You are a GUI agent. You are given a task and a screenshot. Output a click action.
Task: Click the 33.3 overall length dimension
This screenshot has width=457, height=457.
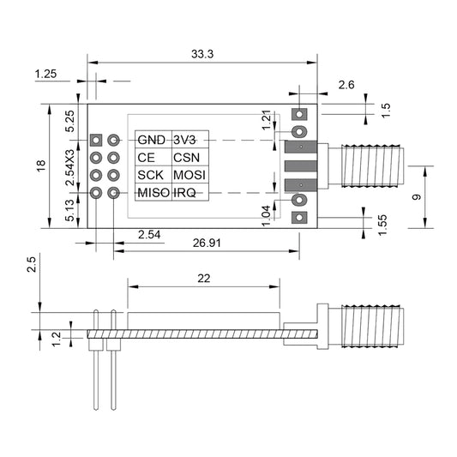pyautogui.click(x=202, y=54)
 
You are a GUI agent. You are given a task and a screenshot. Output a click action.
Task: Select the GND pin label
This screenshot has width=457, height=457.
pyautogui.click(x=152, y=140)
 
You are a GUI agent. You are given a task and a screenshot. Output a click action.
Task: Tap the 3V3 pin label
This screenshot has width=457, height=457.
pyautogui.click(x=186, y=140)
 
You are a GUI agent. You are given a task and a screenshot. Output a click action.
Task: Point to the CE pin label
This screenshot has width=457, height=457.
pyautogui.click(x=146, y=158)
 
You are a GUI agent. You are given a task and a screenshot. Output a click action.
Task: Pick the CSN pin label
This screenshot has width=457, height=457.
pyautogui.click(x=187, y=158)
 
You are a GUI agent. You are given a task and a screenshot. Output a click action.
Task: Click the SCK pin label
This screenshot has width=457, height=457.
pyautogui.click(x=150, y=176)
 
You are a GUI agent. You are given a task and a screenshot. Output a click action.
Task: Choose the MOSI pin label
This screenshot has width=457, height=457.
pyautogui.click(x=189, y=176)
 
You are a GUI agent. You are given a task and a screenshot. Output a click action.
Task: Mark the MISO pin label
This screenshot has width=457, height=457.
pyautogui.click(x=153, y=193)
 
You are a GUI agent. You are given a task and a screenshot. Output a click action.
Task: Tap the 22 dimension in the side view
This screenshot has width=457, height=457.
pyautogui.click(x=204, y=278)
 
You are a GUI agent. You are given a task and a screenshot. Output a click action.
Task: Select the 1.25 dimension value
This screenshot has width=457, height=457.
pyautogui.click(x=45, y=75)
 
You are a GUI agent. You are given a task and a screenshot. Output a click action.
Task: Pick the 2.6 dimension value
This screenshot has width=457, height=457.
pyautogui.click(x=346, y=84)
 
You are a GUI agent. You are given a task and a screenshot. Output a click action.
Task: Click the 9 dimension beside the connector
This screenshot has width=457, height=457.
pyautogui.click(x=416, y=196)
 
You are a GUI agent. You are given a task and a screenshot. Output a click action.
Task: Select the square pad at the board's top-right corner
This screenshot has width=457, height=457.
pyautogui.click(x=299, y=113)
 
